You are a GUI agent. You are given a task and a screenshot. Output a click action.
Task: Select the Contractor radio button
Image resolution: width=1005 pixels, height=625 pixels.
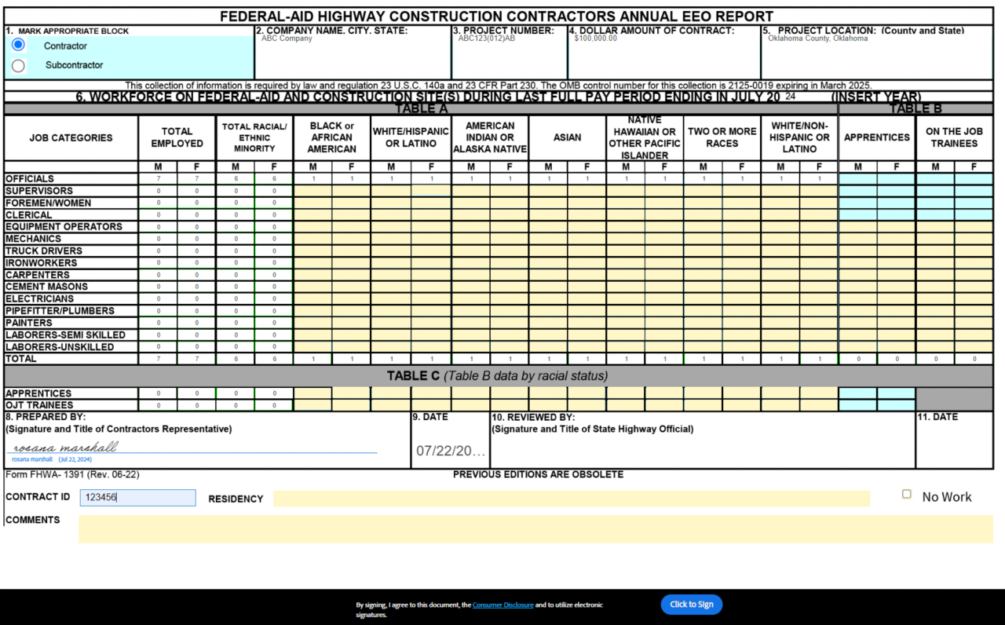pos(18,45)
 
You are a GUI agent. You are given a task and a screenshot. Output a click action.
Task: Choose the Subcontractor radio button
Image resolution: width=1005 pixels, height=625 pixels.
pos(18,65)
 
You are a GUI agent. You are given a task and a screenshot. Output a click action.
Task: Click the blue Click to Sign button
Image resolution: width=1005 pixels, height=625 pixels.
pos(691,605)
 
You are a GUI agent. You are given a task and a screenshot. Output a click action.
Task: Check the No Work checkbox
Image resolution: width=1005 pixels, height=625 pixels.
pos(907,495)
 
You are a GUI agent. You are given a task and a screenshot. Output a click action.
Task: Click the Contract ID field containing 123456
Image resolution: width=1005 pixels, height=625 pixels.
pos(137,498)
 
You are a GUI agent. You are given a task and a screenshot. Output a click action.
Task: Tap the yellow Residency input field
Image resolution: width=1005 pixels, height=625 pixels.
pos(571,499)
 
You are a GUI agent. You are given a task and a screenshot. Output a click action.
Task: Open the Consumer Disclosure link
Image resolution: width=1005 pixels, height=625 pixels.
pos(502,605)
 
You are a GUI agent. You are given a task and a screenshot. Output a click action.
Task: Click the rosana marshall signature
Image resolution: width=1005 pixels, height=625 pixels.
pos(66,448)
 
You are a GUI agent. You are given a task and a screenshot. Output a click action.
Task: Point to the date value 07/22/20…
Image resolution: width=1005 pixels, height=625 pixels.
pos(451,451)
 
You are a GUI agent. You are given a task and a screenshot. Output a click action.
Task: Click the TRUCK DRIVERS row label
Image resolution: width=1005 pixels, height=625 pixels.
pos(44,251)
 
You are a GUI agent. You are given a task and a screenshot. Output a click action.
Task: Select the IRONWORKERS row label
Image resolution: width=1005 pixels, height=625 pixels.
pos(42,263)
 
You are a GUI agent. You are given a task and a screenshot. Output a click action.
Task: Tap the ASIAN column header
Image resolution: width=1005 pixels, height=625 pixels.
pos(567,137)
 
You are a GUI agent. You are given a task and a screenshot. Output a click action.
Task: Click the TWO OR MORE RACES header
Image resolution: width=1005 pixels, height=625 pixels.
pos(722,137)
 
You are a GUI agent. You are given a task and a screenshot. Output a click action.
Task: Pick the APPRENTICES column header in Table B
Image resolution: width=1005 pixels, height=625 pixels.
pos(876,137)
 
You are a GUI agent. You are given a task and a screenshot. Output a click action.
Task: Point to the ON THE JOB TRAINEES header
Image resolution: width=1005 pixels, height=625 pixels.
pos(954,137)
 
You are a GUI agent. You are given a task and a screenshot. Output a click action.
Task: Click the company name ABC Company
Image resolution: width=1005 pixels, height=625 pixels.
pos(287,38)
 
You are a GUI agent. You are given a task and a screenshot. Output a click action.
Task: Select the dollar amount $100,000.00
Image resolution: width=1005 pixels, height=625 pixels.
pos(596,38)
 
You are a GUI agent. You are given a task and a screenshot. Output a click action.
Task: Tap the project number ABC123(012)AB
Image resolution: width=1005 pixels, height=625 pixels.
pos(487,38)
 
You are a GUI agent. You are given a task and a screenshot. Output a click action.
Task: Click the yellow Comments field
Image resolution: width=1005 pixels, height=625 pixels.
pos(535,528)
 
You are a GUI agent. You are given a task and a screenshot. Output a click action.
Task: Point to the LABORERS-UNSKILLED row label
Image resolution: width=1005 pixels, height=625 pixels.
pos(60,347)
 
